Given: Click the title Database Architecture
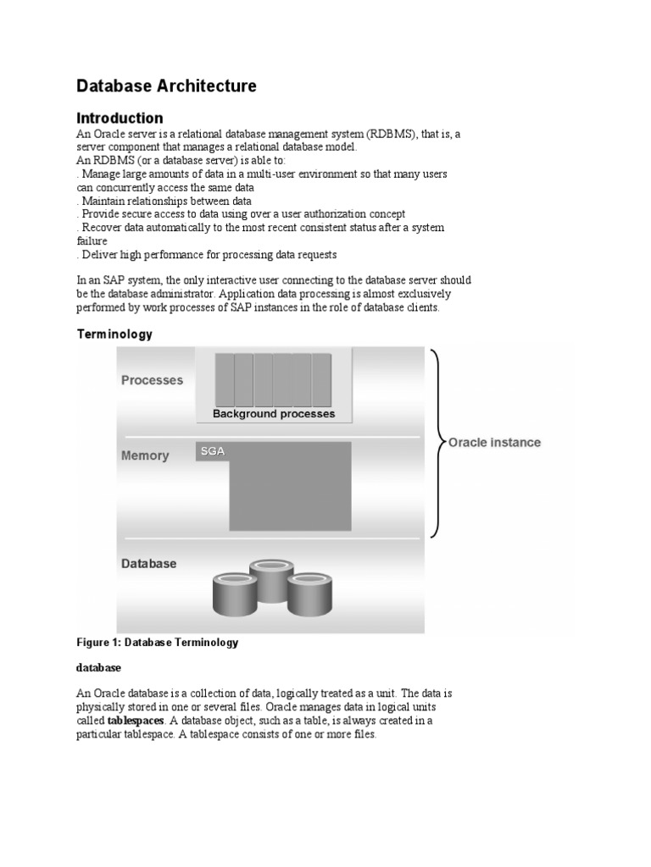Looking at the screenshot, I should click(166, 86).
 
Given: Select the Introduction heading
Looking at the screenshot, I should click(120, 118).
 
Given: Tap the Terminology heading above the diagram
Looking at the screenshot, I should click(114, 334).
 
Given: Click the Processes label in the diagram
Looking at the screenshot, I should click(152, 380).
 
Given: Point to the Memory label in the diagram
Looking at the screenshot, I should click(145, 456).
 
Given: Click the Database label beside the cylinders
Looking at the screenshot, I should click(148, 563).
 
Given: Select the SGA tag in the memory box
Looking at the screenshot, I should click(212, 452).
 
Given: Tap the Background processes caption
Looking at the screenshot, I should click(274, 414).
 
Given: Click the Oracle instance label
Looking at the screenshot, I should click(494, 442).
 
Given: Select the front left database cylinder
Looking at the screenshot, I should click(233, 594).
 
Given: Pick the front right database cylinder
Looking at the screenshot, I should click(308, 594).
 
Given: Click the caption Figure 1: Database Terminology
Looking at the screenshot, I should click(158, 643).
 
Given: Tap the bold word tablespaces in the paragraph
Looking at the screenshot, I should click(136, 721).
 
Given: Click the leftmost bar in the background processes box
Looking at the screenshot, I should click(224, 379).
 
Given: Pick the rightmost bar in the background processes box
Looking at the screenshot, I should click(321, 379).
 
